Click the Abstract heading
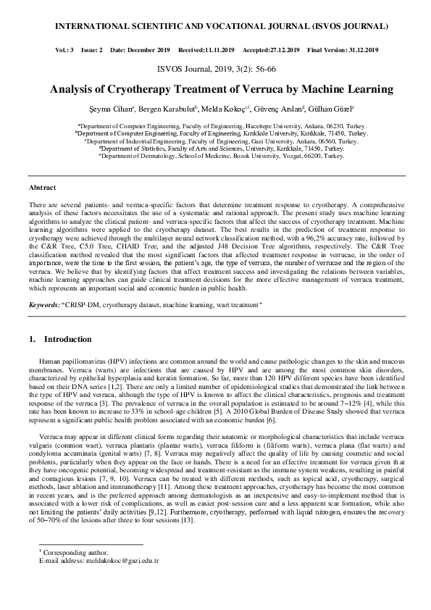[x=42, y=188]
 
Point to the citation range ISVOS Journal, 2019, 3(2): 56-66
[x=216, y=71]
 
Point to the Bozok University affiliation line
[x=216, y=156]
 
